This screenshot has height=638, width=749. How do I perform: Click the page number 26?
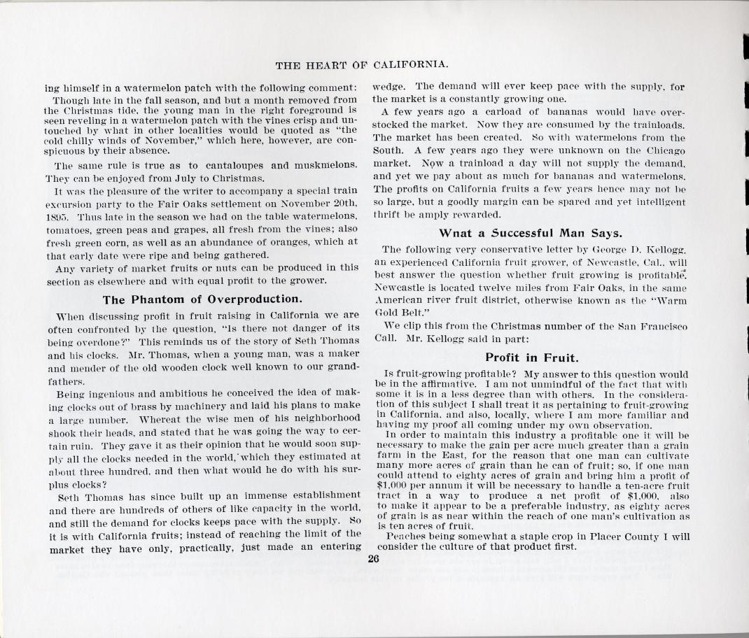[372, 558]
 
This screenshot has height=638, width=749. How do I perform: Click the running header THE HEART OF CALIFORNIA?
[362, 65]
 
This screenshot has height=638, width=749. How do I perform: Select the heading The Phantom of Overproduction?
[202, 300]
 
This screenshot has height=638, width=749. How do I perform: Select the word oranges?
[294, 241]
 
